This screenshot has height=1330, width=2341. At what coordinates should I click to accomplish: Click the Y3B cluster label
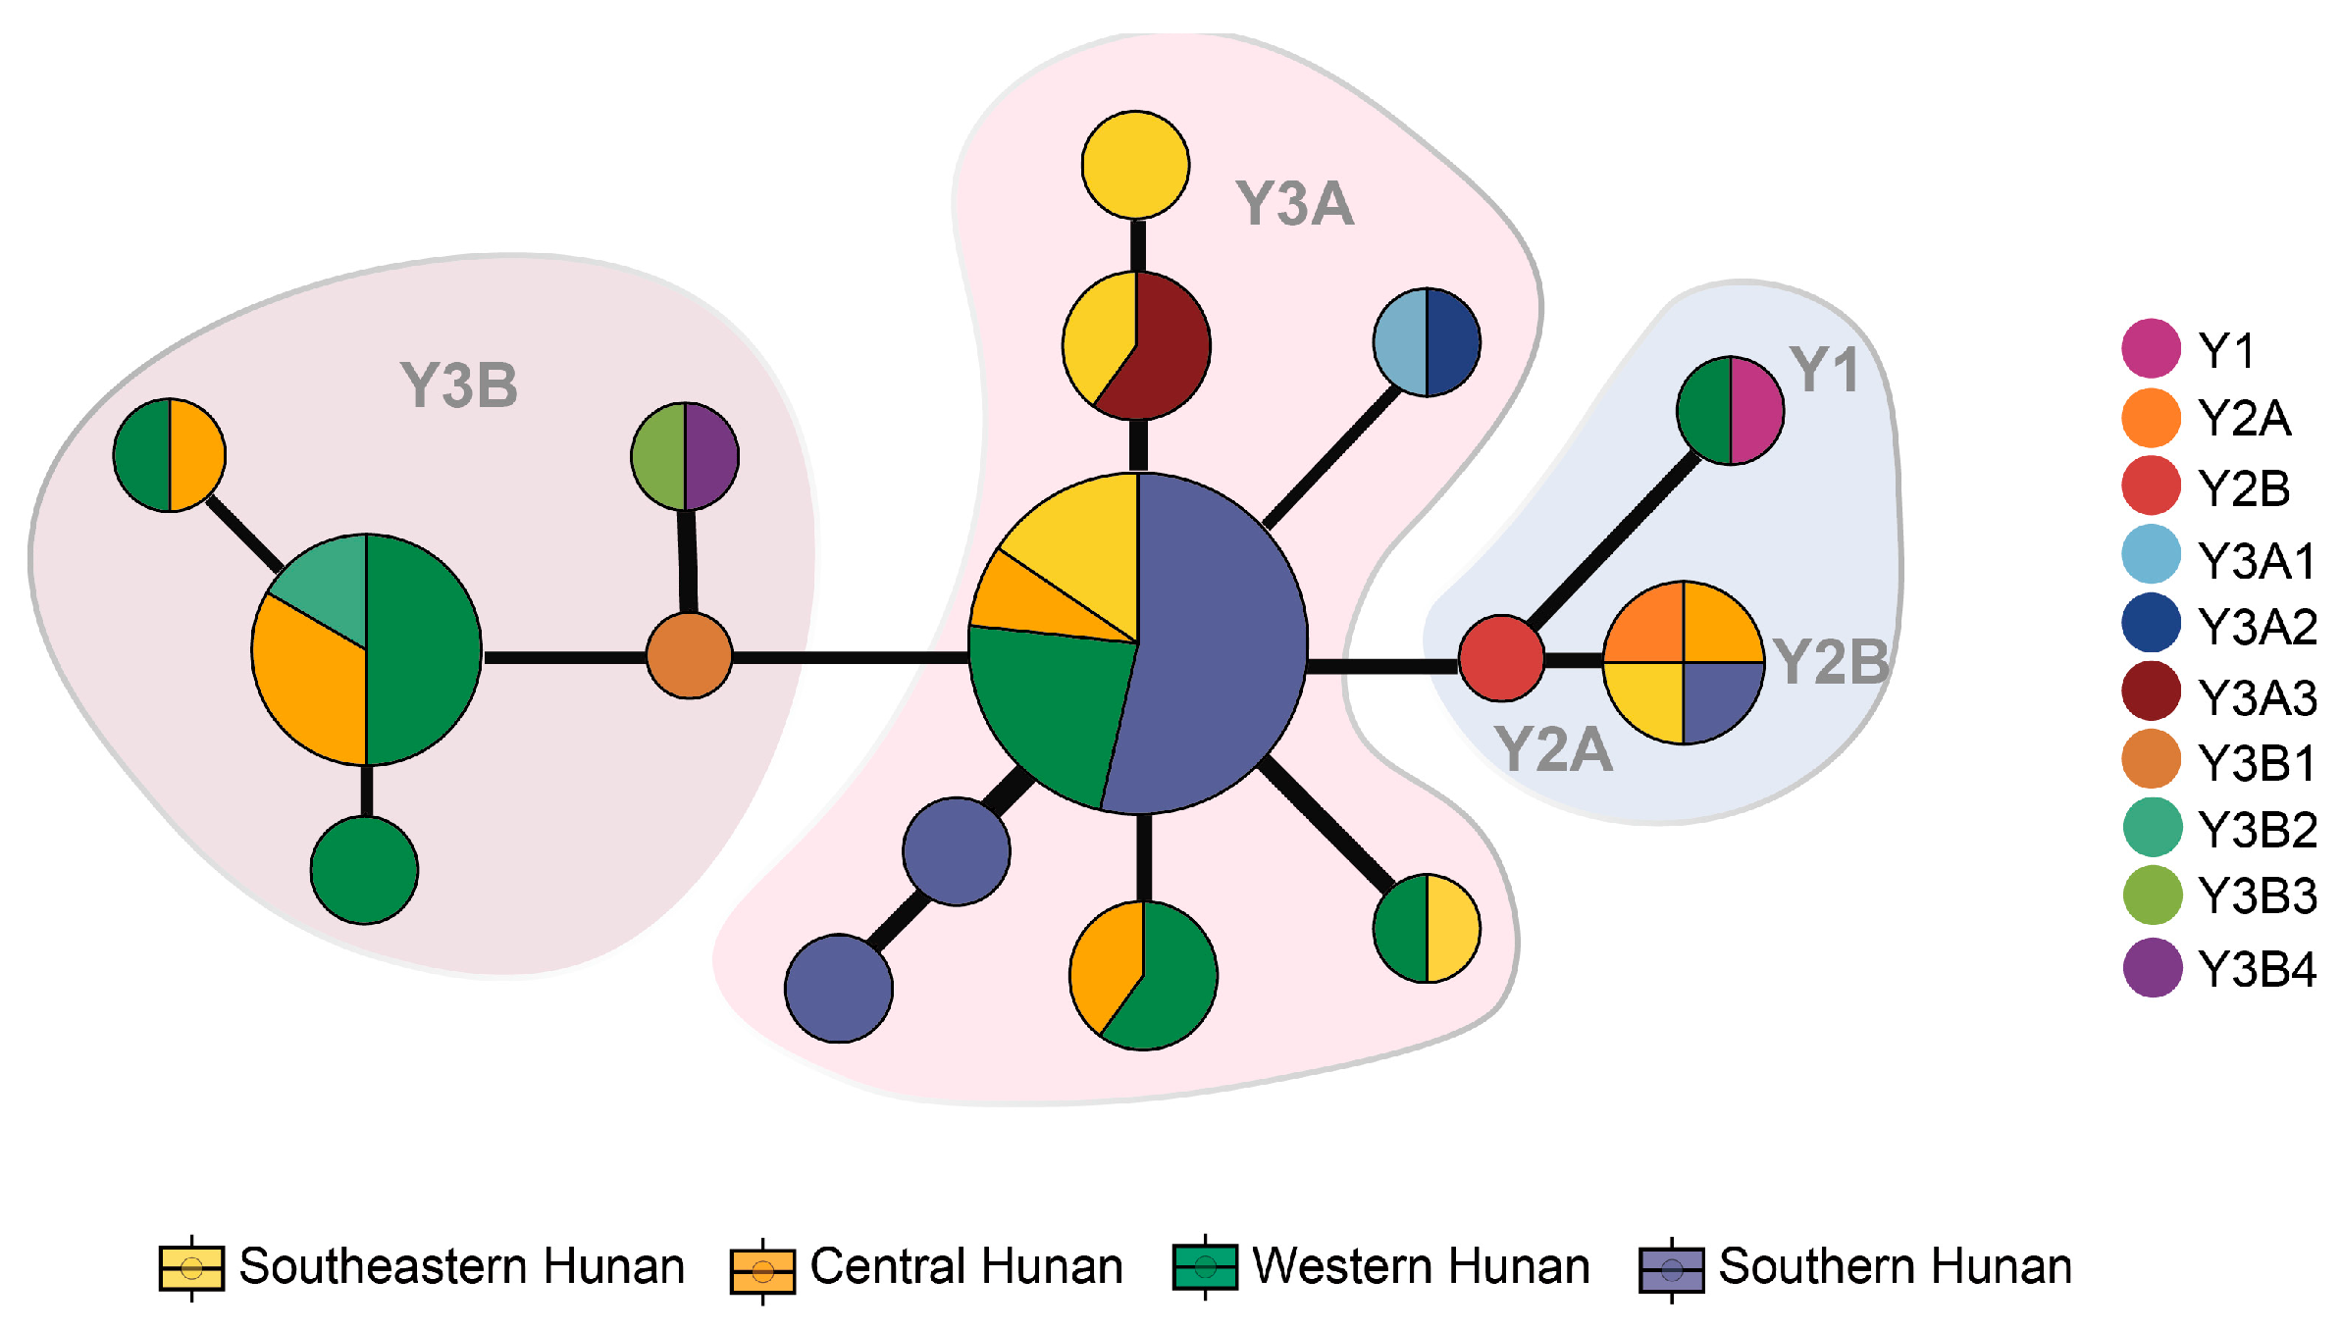(x=458, y=385)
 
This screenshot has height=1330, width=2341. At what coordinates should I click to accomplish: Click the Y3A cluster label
(x=1294, y=204)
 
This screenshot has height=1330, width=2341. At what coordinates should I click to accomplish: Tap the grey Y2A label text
(x=1552, y=750)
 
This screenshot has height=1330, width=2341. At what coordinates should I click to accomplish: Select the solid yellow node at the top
(x=1135, y=165)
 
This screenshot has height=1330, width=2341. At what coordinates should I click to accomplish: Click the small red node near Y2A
(x=1500, y=658)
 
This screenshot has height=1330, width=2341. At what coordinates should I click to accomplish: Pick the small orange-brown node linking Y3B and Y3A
(x=689, y=655)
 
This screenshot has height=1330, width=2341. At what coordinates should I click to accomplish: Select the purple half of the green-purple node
(x=710, y=456)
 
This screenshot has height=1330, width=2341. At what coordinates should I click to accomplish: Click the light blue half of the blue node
(x=1401, y=342)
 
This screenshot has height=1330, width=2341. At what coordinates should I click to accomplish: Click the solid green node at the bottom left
(x=364, y=870)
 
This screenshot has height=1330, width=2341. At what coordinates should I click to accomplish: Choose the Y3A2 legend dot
(x=2151, y=624)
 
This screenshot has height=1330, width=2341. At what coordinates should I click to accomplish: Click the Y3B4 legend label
(x=2257, y=969)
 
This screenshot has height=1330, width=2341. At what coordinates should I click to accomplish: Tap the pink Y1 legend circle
(x=2151, y=348)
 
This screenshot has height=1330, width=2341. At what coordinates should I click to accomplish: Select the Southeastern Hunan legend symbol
(x=191, y=1268)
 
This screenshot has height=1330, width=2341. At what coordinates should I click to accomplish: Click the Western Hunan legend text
(x=1421, y=1266)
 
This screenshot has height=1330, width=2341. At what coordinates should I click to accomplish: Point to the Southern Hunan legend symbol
(x=1671, y=1270)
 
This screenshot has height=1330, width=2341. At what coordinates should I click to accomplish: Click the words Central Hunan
(x=965, y=1266)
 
